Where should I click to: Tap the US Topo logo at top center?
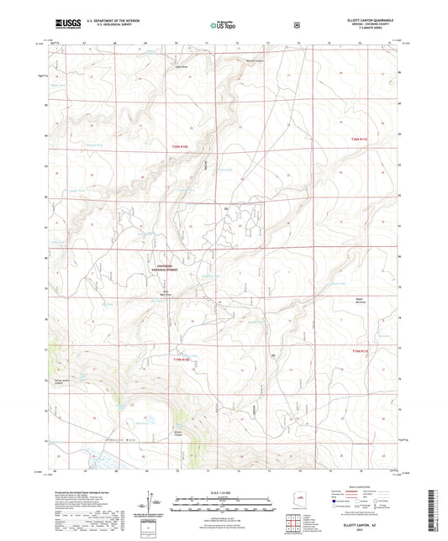pyautogui.click(x=223, y=26)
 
